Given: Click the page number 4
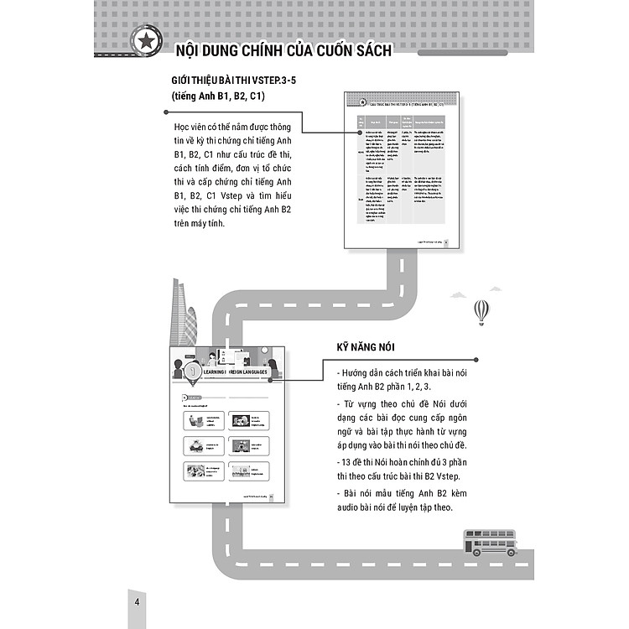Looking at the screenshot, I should [x=137, y=604].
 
